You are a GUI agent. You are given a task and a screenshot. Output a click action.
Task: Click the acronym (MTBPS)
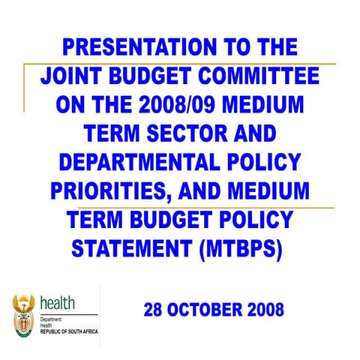pos(242,247)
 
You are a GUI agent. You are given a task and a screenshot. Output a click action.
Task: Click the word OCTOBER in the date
pos(207,308)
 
